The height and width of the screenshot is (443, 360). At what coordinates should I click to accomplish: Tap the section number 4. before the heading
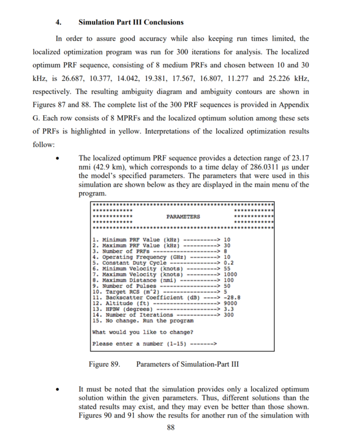pyautogui.click(x=59, y=22)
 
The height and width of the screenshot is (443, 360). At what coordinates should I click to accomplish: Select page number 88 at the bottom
pyautogui.click(x=173, y=428)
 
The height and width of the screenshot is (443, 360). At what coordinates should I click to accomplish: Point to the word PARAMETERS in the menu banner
pyautogui.click(x=183, y=216)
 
